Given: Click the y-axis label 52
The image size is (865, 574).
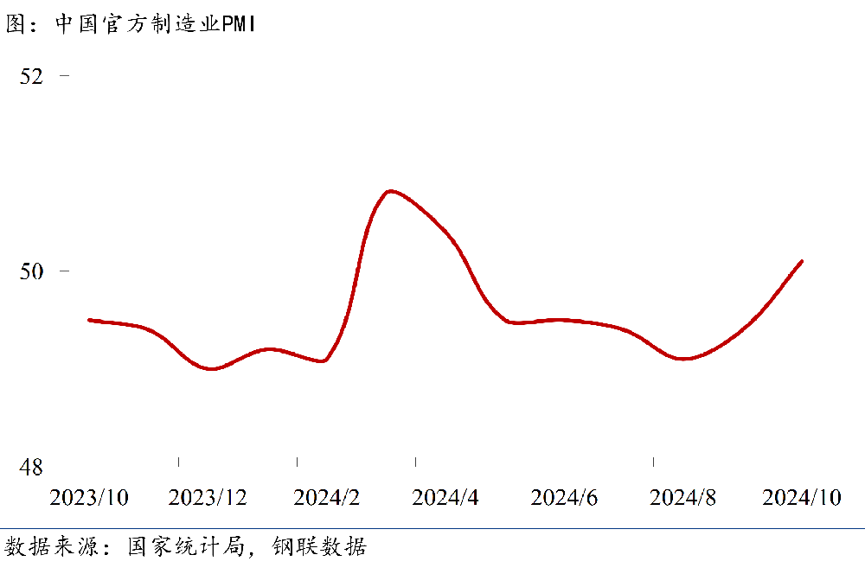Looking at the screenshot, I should click(x=31, y=76).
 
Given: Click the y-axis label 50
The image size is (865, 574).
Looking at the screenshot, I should click(x=31, y=271).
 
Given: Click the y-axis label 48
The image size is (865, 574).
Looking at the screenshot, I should click(x=31, y=468).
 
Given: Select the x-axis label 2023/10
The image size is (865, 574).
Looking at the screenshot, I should click(x=89, y=498).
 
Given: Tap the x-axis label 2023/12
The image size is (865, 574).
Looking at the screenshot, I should click(x=208, y=498).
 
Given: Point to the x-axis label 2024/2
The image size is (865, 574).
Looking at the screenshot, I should click(x=326, y=498).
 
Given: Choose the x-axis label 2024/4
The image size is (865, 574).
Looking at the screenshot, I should click(x=445, y=498).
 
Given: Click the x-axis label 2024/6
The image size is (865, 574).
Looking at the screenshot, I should click(x=564, y=498).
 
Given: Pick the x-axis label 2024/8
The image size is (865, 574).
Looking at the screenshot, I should click(x=682, y=498).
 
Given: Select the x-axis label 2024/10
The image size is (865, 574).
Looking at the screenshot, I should click(x=802, y=498).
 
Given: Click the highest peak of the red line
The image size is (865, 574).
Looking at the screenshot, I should click(x=391, y=190).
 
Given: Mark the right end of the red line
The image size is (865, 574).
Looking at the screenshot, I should click(x=802, y=261).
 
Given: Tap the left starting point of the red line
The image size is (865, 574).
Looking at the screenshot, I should click(x=89, y=320).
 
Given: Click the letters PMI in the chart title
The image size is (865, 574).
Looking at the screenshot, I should click(x=239, y=25).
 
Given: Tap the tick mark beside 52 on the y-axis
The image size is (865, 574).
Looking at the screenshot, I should click(x=64, y=76).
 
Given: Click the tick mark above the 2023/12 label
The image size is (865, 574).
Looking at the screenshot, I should click(x=178, y=462).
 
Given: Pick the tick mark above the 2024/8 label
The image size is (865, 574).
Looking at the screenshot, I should click(x=653, y=462).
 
